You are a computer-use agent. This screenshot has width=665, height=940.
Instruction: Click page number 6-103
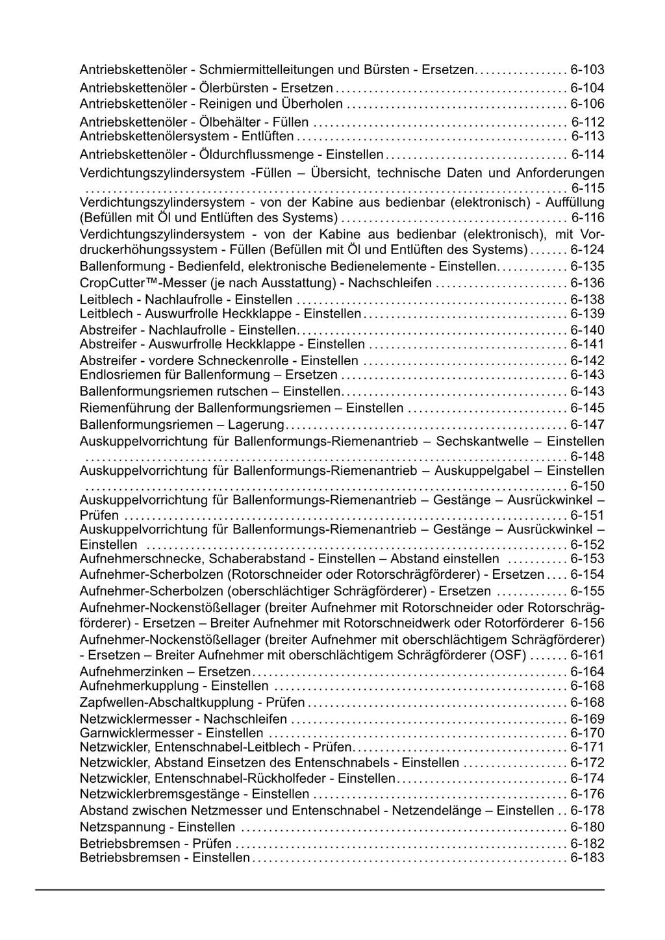[x=587, y=70]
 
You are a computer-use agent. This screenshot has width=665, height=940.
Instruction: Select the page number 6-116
[x=587, y=218]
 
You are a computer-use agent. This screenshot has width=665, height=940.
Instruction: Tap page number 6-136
[x=587, y=283]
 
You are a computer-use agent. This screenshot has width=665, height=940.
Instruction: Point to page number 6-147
[x=587, y=425]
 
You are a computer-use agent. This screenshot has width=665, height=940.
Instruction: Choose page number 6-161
[x=587, y=655]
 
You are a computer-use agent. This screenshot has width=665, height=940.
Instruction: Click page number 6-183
[x=587, y=858]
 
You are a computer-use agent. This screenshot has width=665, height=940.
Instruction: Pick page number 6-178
[x=587, y=811]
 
